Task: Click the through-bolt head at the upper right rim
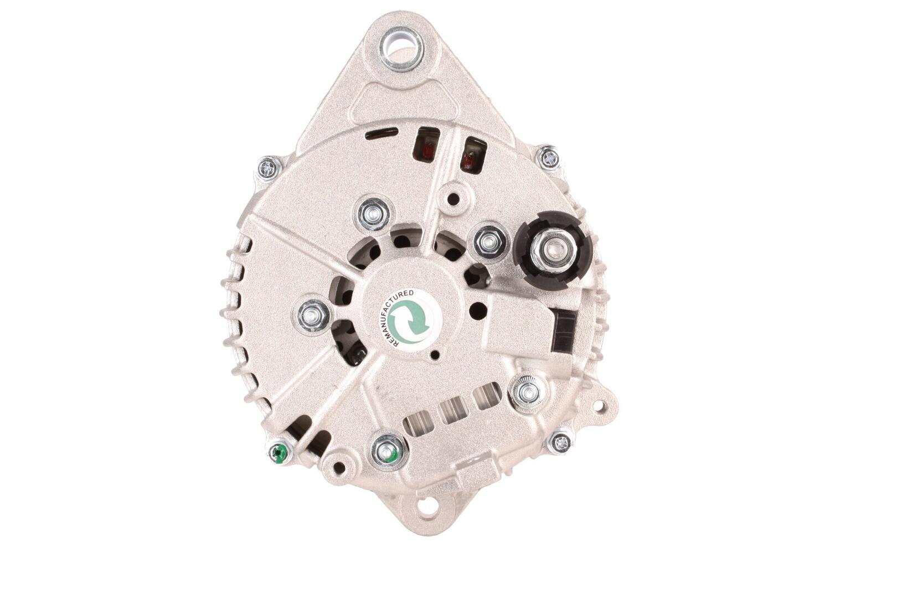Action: pos(549,158)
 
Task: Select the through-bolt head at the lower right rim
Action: pos(560,442)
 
